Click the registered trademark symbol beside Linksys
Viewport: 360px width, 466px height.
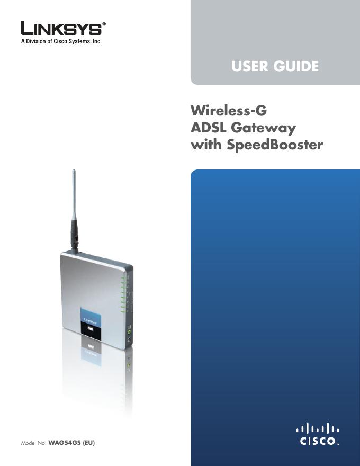(104, 24)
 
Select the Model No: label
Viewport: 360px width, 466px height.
(33, 442)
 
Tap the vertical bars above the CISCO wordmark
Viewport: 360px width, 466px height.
(317, 427)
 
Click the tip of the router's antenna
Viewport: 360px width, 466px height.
(74, 171)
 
